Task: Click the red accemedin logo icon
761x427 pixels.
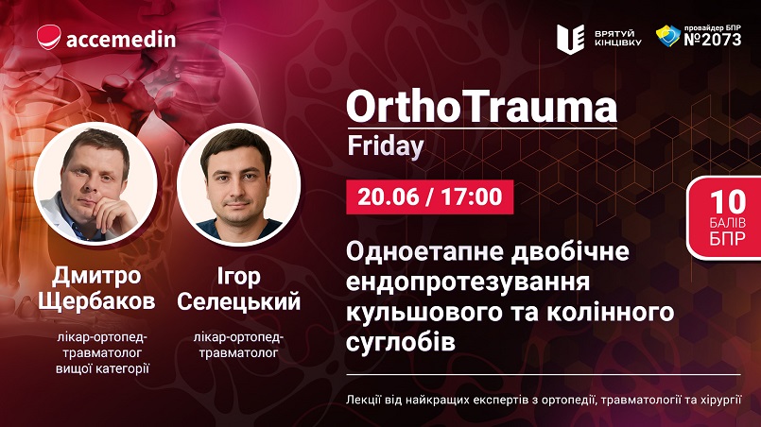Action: [49, 38]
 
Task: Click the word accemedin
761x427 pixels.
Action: [121, 39]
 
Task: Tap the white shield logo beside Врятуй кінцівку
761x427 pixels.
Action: [570, 39]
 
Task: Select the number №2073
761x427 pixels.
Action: [713, 40]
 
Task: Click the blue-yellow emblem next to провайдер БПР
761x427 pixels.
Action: [668, 35]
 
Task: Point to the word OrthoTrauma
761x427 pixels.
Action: [481, 107]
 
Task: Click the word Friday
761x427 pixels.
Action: [386, 145]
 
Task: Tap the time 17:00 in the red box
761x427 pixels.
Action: [472, 196]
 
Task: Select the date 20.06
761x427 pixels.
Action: [389, 196]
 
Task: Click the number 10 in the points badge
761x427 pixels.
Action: [728, 201]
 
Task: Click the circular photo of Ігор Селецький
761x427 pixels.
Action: [238, 184]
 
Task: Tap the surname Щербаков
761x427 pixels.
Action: [96, 301]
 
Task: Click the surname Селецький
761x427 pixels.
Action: [239, 301]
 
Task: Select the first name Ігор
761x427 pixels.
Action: [238, 277]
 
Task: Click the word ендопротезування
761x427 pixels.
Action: [468, 282]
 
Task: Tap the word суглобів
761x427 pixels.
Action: [401, 341]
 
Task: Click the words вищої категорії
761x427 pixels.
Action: [102, 368]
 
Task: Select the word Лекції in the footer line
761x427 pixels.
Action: [364, 401]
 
